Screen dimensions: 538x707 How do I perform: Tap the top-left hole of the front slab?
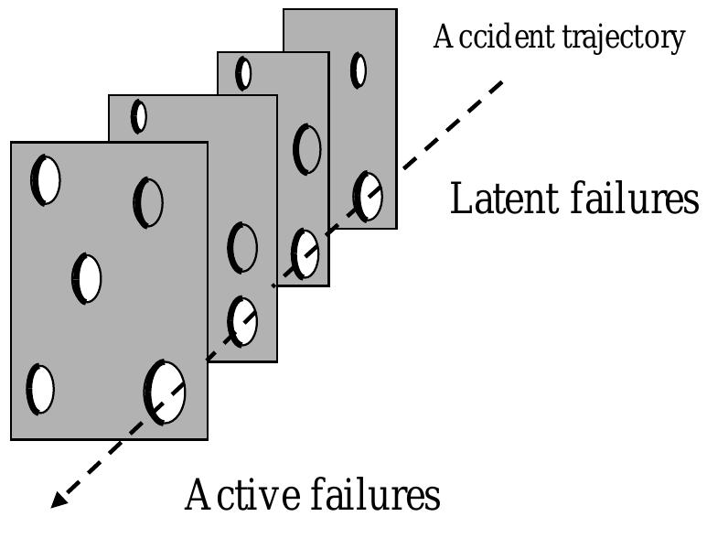point(46,180)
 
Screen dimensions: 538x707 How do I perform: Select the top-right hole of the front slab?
point(148,201)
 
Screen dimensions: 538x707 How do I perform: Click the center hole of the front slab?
point(87,278)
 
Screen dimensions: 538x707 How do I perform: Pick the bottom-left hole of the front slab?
point(39,389)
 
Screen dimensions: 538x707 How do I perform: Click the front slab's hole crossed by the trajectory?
point(165,392)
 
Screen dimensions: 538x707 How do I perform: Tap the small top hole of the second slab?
point(139,116)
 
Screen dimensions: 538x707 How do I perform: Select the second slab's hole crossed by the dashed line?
point(242,321)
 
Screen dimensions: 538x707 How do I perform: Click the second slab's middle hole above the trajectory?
point(242,247)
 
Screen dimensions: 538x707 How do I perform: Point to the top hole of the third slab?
point(243,73)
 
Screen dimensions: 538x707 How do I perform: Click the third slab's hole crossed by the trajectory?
point(305,254)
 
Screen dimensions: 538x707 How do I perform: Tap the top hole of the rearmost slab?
point(359,70)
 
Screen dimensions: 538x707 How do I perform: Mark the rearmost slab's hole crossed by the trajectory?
point(368,196)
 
